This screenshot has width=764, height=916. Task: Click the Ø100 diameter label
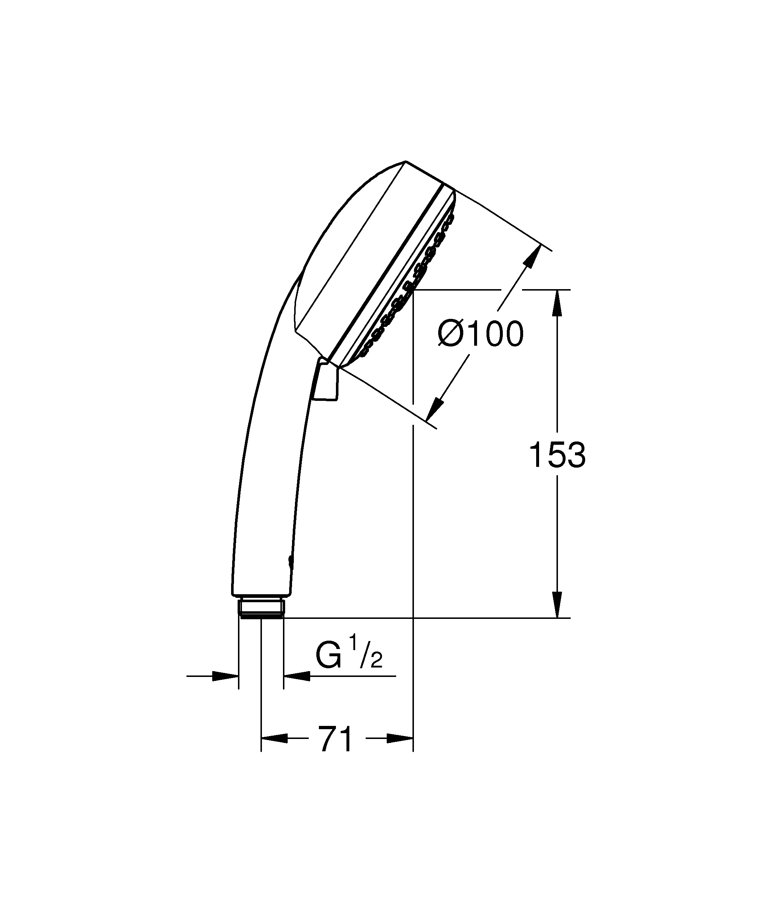pos(481,334)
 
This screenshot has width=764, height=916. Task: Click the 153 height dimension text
pos(557,455)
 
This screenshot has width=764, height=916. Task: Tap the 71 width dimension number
pos(336,739)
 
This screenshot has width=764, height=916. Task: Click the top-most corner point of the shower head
pos(406,161)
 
